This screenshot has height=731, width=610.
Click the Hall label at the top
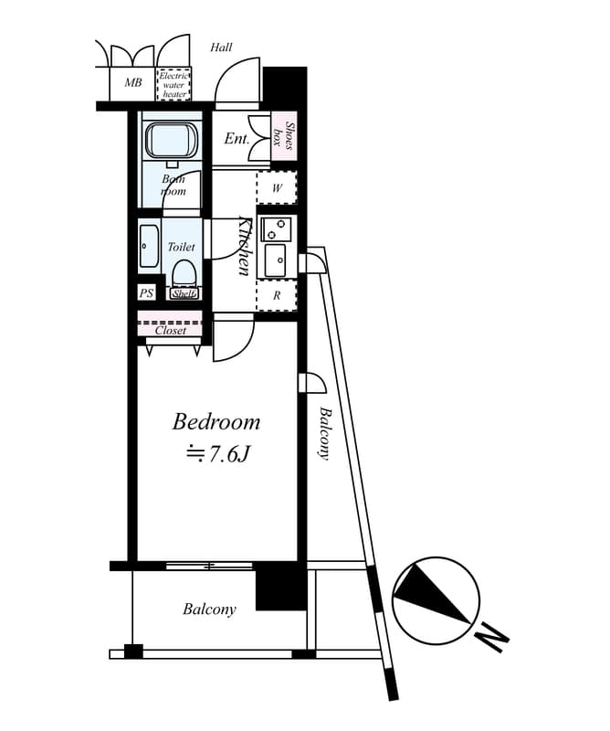pyautogui.click(x=221, y=48)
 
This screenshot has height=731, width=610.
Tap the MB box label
pyautogui.click(x=133, y=83)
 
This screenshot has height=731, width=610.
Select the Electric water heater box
pyautogui.click(x=174, y=84)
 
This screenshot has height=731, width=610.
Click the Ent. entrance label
pyautogui.click(x=237, y=139)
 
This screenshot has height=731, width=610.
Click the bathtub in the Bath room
pyautogui.click(x=170, y=143)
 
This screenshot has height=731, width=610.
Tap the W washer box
pyautogui.click(x=278, y=188)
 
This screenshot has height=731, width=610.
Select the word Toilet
pyautogui.click(x=181, y=247)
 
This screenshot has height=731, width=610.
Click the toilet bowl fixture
pyautogui.click(x=184, y=273)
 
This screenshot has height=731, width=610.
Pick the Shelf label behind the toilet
pyautogui.click(x=184, y=293)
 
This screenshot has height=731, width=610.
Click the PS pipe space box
pyautogui.click(x=146, y=293)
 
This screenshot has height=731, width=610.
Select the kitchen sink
pyautogui.click(x=274, y=260)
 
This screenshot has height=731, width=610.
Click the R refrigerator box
pyautogui.click(x=277, y=295)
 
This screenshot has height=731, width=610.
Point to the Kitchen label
pyautogui.click(x=245, y=246)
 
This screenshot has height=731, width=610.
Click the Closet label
pyautogui.click(x=171, y=331)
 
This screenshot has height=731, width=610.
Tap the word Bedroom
pyautogui.click(x=216, y=422)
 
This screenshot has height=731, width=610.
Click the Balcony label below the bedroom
pyautogui.click(x=209, y=609)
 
